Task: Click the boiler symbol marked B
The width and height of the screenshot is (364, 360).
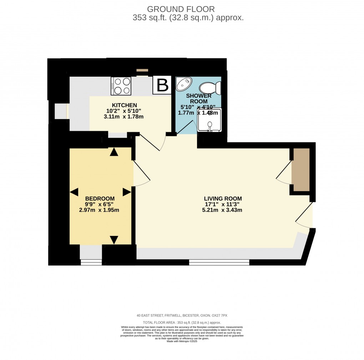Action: pos(162,86)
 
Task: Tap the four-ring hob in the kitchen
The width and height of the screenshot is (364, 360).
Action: pos(121,86)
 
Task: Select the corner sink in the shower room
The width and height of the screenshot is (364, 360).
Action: pos(184,84)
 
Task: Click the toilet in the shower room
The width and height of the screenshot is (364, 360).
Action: pos(210,88)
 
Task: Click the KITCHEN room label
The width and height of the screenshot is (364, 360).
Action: pos(124,105)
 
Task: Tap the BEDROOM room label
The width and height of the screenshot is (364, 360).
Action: pos(100,199)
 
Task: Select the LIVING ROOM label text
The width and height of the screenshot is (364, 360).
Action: pos(223,199)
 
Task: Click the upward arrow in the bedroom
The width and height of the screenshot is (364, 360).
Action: pos(114,152)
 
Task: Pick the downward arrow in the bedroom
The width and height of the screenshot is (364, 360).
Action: pos(114,240)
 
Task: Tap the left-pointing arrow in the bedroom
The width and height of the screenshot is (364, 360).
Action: pos(74,192)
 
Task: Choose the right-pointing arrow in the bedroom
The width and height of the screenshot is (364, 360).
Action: pos(127,192)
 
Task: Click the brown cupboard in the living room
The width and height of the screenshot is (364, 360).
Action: pos(300,170)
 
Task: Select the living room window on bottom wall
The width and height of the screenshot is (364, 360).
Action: pos(219,263)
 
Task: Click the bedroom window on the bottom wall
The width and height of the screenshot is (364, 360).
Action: pos(91,262)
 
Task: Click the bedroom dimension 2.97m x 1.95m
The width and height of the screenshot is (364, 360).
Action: pos(99,210)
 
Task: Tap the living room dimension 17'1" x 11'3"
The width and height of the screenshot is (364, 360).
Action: pos(223,204)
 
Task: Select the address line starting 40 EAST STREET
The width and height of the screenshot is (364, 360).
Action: pos(182,315)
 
